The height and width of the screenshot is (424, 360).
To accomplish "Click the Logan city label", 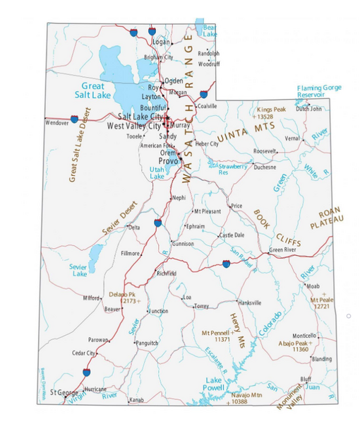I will pos(162,42).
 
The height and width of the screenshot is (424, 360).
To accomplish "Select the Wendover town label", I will pos(56,122).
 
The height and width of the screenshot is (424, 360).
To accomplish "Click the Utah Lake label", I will pos(157,173).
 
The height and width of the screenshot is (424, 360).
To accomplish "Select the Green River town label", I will pos(282,249).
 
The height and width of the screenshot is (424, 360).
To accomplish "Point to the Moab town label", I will pos(313,286).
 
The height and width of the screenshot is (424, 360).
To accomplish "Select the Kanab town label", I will pos(136,400).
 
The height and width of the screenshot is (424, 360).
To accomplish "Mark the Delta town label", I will pos(133,228).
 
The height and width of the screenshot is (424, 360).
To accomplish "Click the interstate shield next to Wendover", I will pos(74,119).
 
